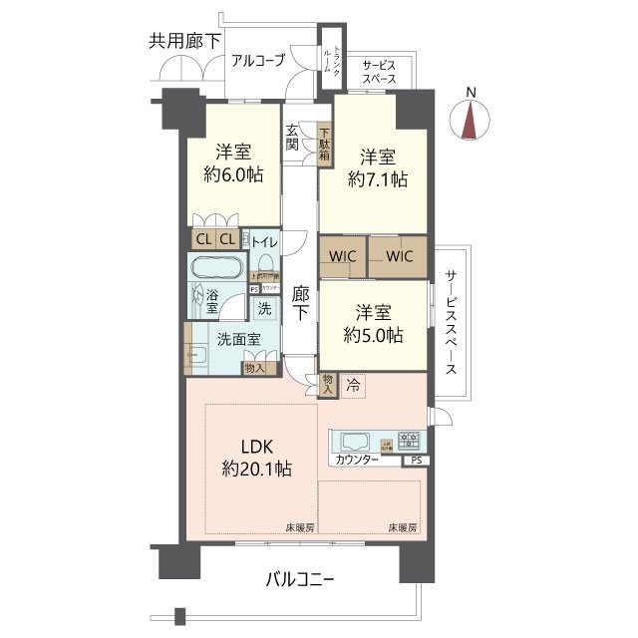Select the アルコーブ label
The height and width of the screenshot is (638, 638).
pyautogui.click(x=258, y=60)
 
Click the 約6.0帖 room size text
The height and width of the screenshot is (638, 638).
pyautogui.click(x=234, y=174)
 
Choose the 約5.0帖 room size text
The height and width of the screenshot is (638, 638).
pyautogui.click(x=374, y=335)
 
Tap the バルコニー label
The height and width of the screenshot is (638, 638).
pyautogui.click(x=300, y=579)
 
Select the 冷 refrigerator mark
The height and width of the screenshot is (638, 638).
pyautogui.click(x=353, y=383)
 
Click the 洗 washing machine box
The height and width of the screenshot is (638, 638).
pyautogui.click(x=264, y=309)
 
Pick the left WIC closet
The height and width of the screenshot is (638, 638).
pyautogui.click(x=342, y=257)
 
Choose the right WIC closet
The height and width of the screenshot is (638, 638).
pyautogui.click(x=399, y=257)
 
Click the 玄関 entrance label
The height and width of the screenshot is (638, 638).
pyautogui.click(x=293, y=137)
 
